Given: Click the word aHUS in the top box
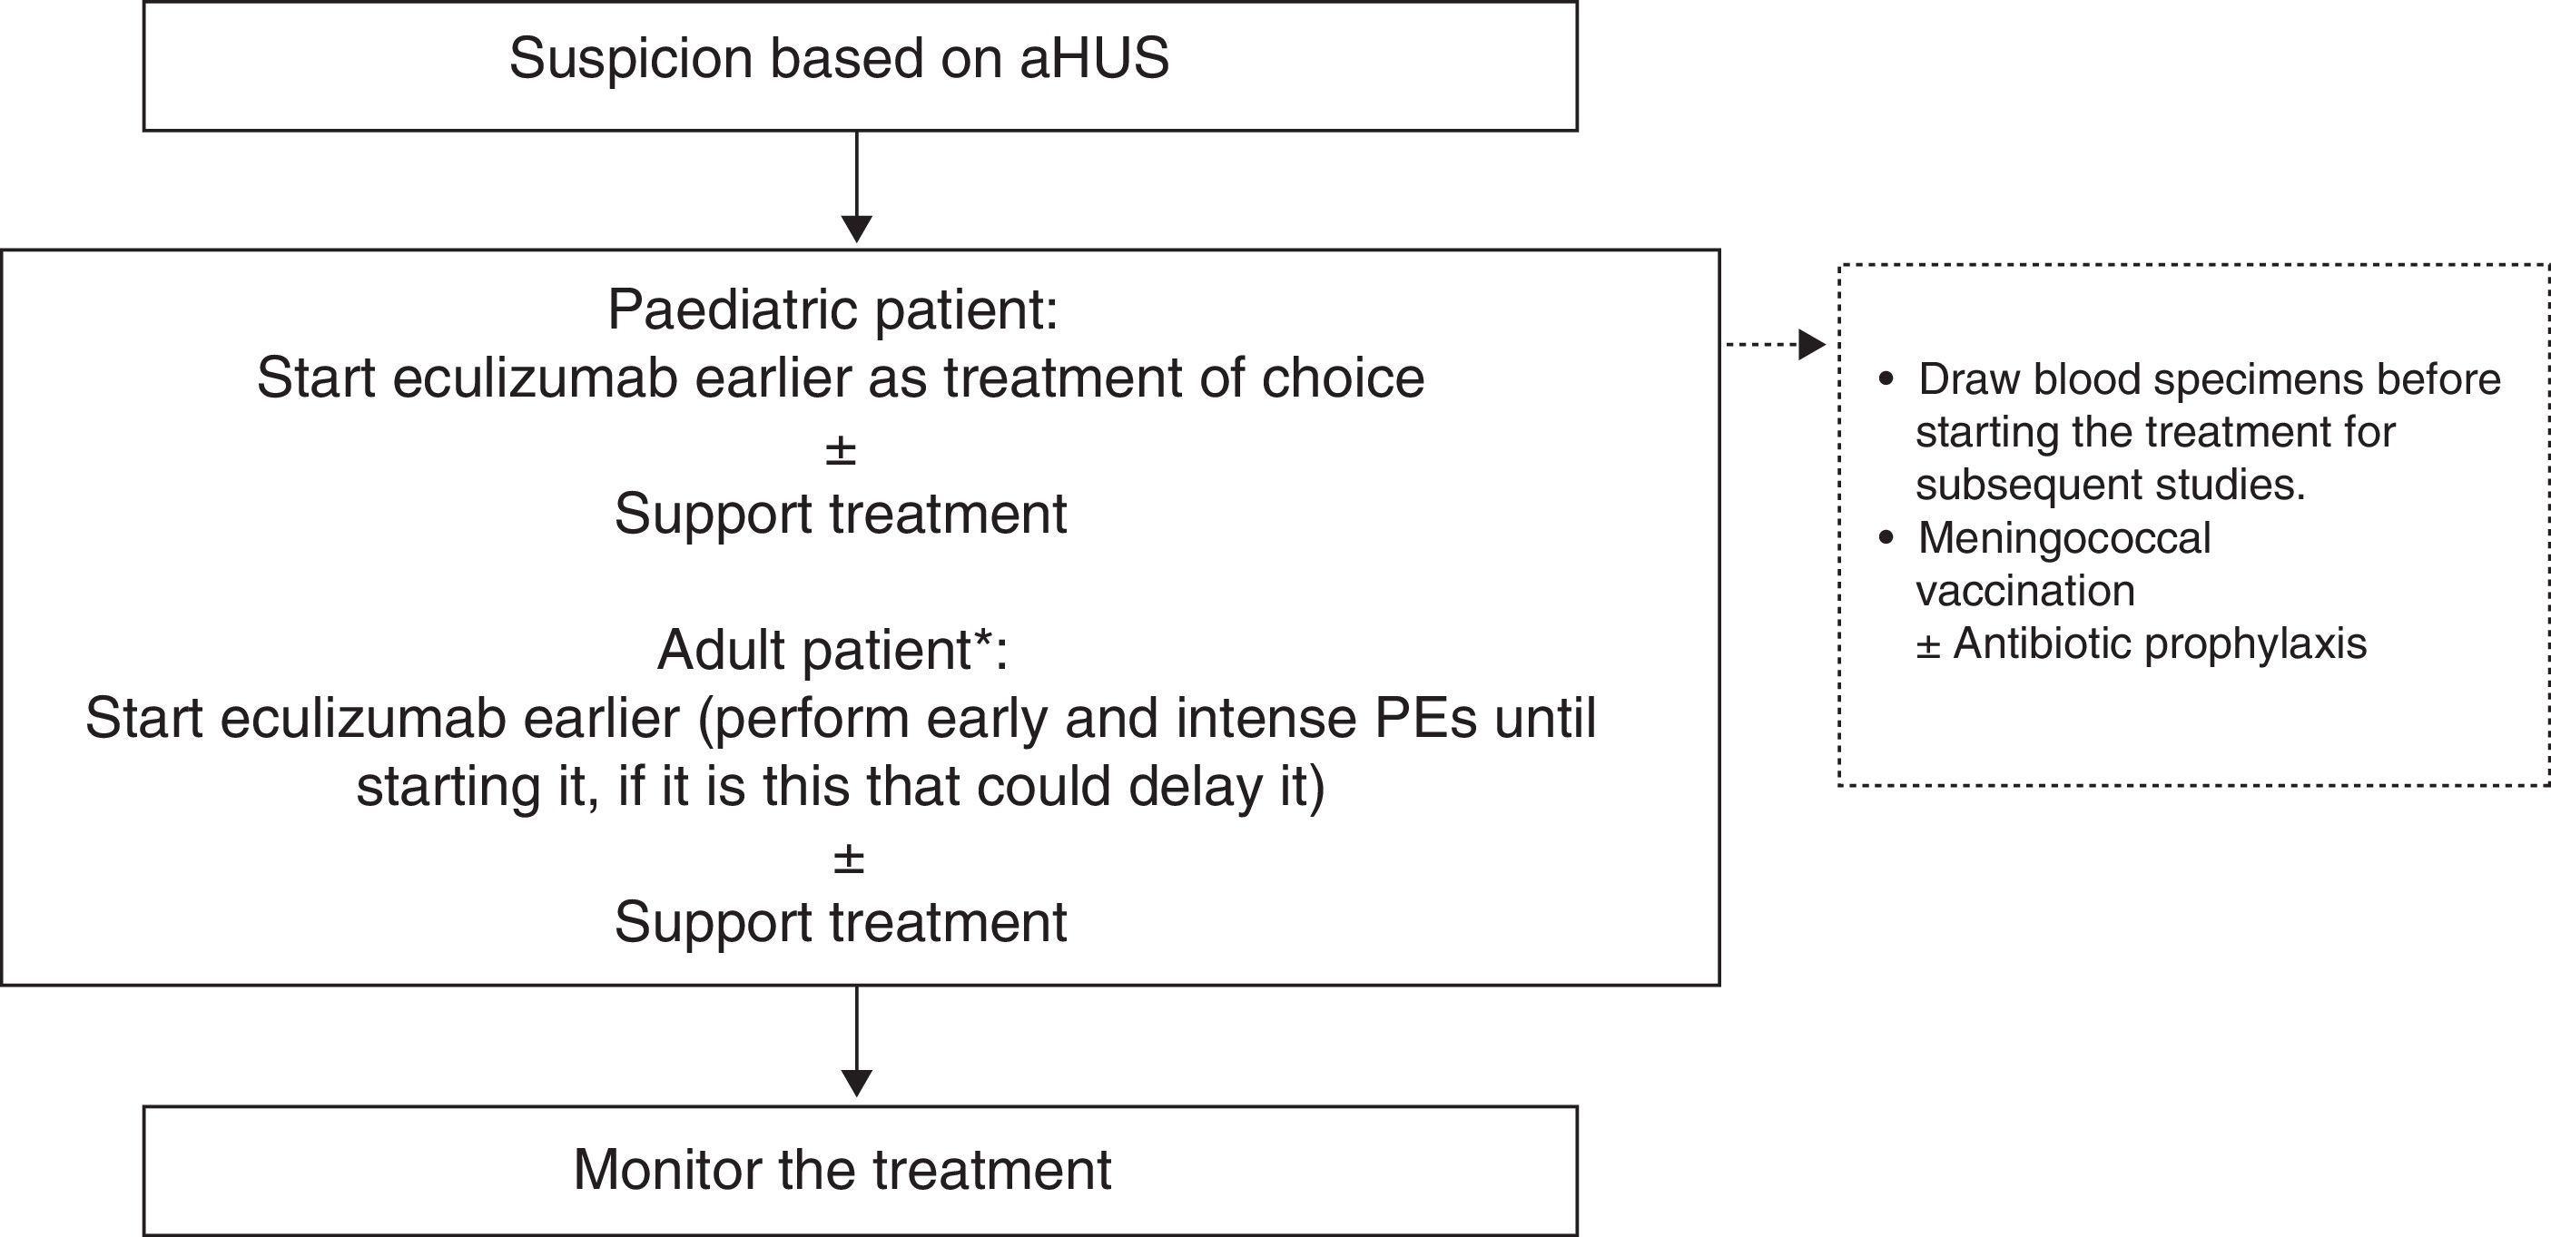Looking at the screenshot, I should click(x=1093, y=58).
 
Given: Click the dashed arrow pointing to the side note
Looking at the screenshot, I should click(x=1777, y=345).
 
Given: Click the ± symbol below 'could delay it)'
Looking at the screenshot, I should click(x=849, y=858).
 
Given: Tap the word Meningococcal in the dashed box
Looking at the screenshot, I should click(x=2063, y=539).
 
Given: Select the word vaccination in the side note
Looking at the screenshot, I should click(x=2025, y=591).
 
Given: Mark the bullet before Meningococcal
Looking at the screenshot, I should click(x=1886, y=539).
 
